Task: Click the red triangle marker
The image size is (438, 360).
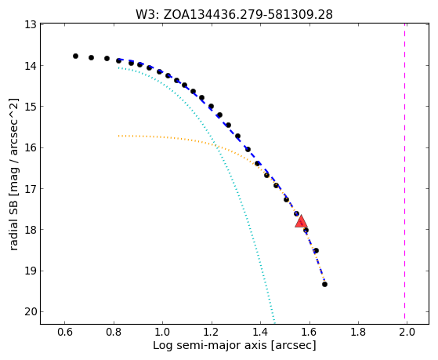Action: [301, 221]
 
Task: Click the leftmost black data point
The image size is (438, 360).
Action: [75, 56]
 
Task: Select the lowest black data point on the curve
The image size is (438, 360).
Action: [324, 284]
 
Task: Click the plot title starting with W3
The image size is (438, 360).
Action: [234, 15]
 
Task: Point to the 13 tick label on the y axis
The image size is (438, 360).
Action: [31, 25]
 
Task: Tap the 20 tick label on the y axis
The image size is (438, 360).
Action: [31, 311]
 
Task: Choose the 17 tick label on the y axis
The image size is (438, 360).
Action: [31, 188]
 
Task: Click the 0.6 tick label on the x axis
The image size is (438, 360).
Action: [64, 332]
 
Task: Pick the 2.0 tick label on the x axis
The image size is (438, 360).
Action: [407, 332]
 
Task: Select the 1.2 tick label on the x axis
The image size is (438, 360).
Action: [212, 332]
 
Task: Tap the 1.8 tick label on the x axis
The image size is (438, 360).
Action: [358, 332]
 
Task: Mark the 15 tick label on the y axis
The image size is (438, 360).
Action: [31, 107]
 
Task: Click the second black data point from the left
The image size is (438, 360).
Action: [91, 57]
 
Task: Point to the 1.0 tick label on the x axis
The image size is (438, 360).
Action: [162, 332]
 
